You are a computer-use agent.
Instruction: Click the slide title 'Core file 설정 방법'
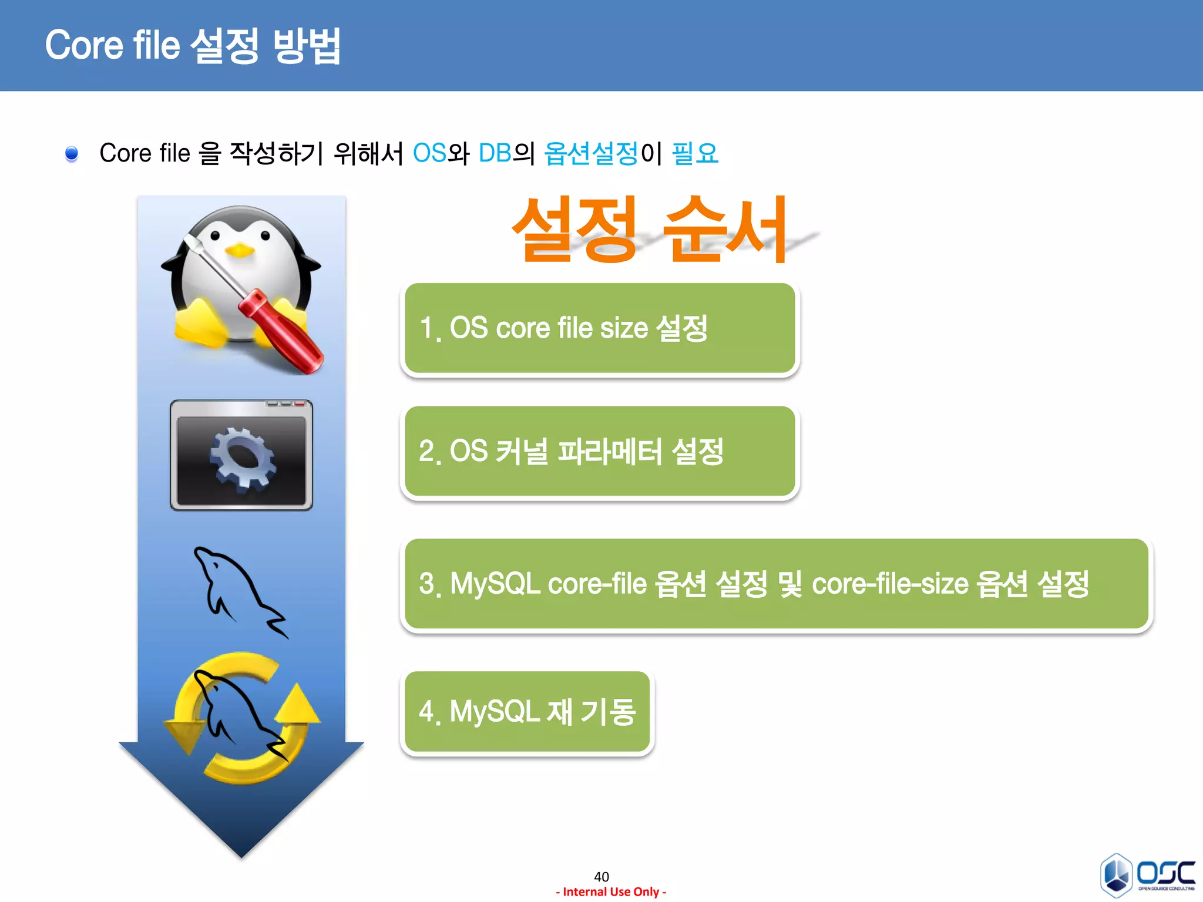coord(193,45)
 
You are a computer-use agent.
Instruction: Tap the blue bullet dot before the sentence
coord(72,154)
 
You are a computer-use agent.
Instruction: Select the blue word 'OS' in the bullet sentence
coord(429,153)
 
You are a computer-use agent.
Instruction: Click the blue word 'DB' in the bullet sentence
coord(495,153)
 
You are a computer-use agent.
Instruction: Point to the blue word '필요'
coord(695,153)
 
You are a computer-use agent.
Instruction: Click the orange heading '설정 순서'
coord(649,230)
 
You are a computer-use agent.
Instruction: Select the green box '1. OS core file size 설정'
coord(600,328)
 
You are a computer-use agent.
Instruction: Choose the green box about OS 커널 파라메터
coord(600,452)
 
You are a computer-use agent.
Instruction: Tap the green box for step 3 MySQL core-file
coord(776,584)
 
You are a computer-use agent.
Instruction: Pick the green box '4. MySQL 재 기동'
coord(527,712)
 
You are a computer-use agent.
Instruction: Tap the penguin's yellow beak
coord(240,251)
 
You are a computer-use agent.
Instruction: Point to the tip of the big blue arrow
coord(241,854)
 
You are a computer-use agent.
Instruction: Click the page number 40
coord(601,877)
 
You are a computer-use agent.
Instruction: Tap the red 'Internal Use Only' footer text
coord(611,892)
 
